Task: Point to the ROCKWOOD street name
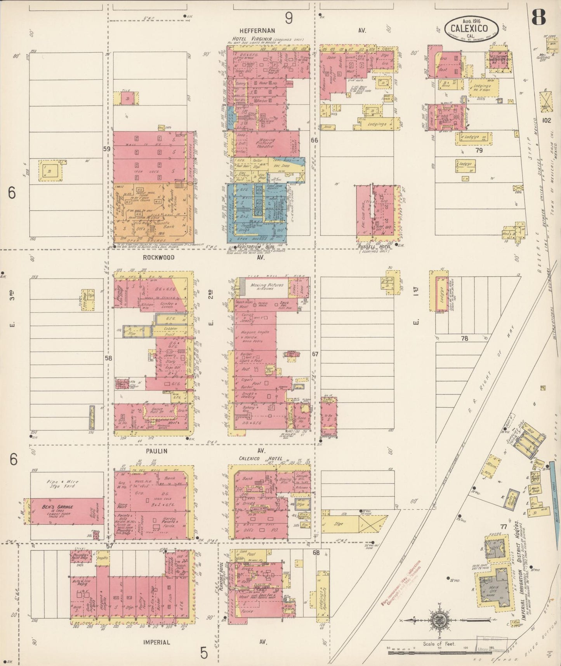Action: tap(158, 257)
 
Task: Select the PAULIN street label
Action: tap(156, 451)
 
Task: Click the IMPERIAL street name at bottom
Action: tap(156, 642)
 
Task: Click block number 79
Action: tap(479, 150)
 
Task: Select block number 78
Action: tap(464, 338)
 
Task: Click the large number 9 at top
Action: tap(288, 17)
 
